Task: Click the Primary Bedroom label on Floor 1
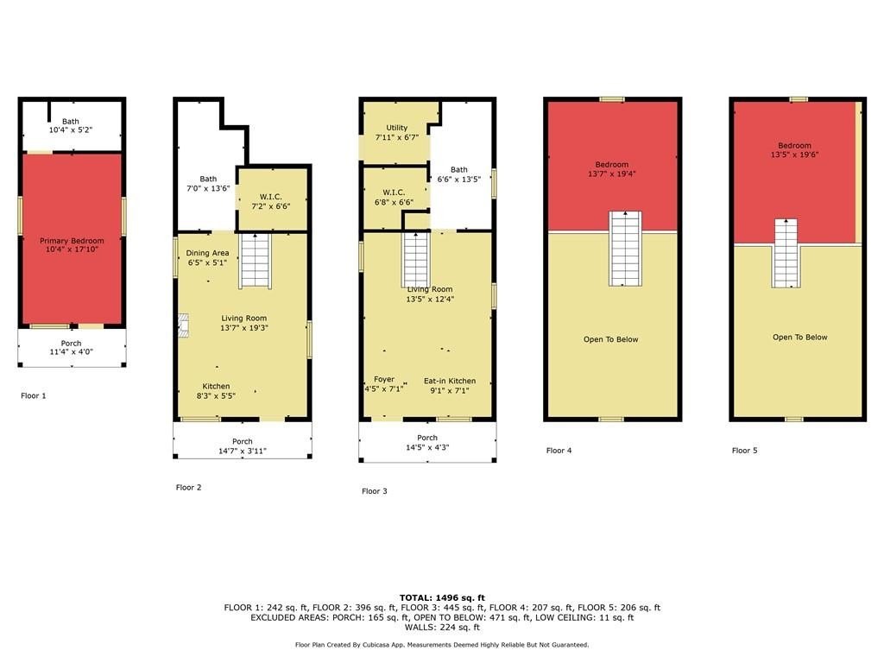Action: [x=72, y=241]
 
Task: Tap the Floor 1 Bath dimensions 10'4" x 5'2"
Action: [x=71, y=129]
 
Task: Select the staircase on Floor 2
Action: [x=256, y=261]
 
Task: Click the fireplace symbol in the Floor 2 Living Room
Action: [x=183, y=325]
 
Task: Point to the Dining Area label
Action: [x=207, y=253]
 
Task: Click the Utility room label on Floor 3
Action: [x=397, y=128]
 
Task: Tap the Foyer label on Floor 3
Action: [x=384, y=380]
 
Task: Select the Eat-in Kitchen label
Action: [x=450, y=381]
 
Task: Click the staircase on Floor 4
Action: [x=625, y=249]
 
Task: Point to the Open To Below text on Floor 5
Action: [x=800, y=338]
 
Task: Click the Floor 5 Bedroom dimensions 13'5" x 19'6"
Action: [x=795, y=155]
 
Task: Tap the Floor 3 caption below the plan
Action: [x=375, y=491]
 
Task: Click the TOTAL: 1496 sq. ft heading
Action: [x=442, y=597]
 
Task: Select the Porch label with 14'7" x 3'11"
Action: [x=243, y=441]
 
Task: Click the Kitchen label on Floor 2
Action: [x=216, y=386]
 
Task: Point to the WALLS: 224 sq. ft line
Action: [x=442, y=627]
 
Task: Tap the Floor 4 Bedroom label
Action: [x=612, y=165]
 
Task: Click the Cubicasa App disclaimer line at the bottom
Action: [x=442, y=645]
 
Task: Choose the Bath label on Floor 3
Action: [x=459, y=170]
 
